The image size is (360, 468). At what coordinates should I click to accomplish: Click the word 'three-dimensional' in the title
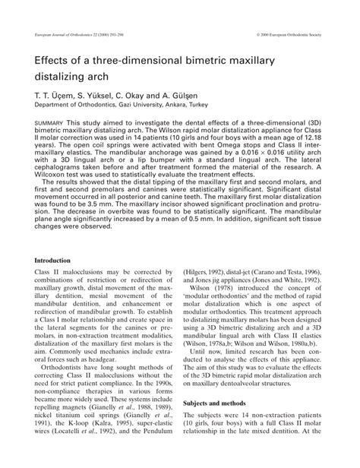click(148, 62)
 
